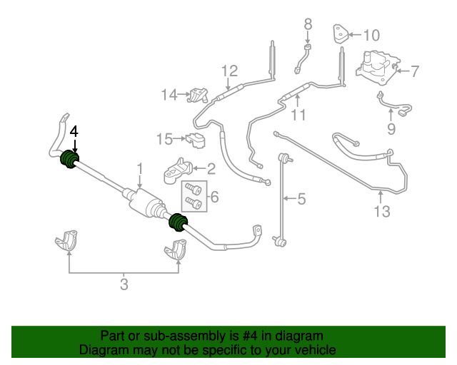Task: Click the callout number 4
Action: [x=74, y=132]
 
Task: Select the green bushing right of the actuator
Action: [x=176, y=223]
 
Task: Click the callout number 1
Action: [x=141, y=169]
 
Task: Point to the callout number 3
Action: [x=124, y=286]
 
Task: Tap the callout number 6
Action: [x=214, y=197]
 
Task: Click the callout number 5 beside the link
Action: [x=301, y=199]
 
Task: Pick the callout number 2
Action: [x=211, y=169]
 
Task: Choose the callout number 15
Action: [x=165, y=138]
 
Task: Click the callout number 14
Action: [x=169, y=95]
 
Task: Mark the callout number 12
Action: [x=229, y=71]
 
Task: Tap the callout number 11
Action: [x=298, y=115]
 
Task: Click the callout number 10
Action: [x=372, y=35]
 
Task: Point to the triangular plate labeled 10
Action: [x=341, y=35]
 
